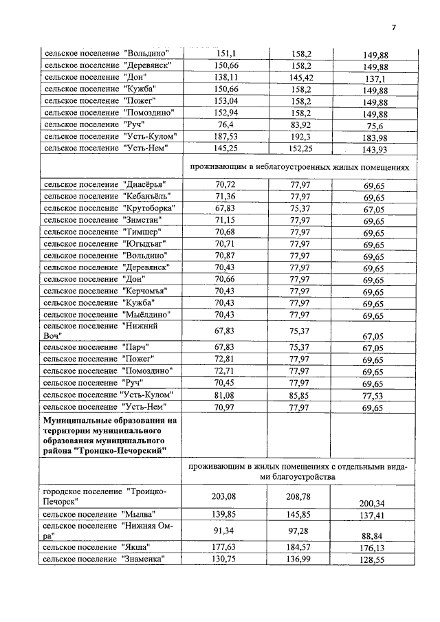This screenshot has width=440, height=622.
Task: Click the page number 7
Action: [x=394, y=28]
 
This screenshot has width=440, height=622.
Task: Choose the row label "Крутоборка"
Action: [x=109, y=208]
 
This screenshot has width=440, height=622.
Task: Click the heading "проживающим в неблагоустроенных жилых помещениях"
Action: [x=299, y=167]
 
